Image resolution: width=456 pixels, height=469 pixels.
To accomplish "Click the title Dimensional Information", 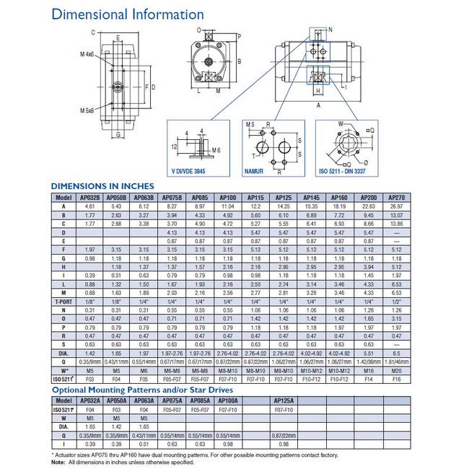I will (x=128, y=14).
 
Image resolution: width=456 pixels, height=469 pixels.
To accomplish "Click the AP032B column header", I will (x=89, y=198).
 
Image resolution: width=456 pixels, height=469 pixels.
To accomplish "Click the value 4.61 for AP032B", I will (x=89, y=206).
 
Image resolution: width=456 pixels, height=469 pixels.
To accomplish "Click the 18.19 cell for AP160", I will (x=339, y=206).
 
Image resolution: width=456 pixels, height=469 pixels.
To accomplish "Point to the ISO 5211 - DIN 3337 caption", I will (x=347, y=172).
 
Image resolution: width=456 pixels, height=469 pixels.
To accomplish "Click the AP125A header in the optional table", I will (x=285, y=400).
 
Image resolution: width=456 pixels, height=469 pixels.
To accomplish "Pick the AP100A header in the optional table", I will (x=229, y=400).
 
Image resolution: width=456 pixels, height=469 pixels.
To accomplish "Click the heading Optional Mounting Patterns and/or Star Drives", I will (x=143, y=390).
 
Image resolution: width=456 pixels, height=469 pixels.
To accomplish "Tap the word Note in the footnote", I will (x=58, y=462).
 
